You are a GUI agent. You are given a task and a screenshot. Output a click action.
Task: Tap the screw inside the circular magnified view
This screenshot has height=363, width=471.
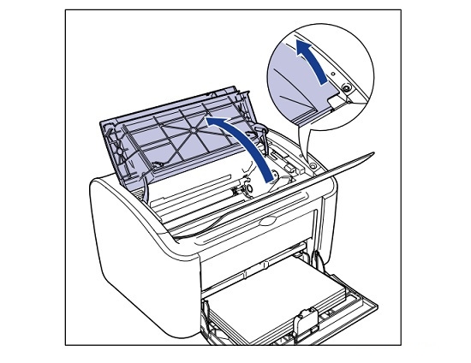click(344, 88)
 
